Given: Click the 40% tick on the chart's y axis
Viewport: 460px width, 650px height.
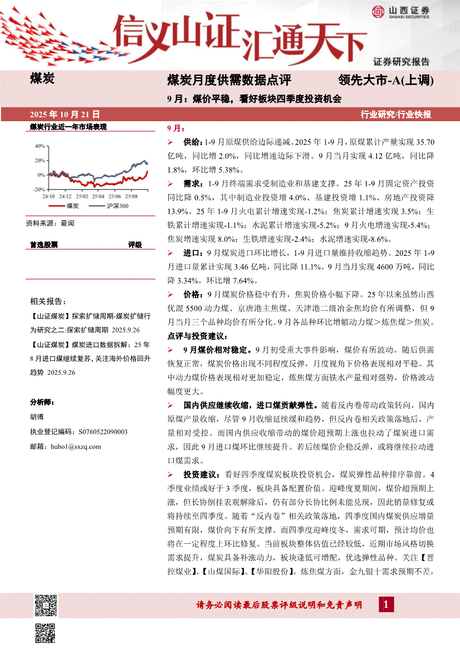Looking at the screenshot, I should click(x=40, y=146).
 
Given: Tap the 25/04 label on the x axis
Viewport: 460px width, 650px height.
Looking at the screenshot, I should click(x=99, y=196).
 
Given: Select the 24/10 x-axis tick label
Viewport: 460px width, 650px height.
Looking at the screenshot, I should click(x=48, y=196).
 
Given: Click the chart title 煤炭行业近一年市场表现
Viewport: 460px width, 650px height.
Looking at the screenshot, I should click(x=68, y=127).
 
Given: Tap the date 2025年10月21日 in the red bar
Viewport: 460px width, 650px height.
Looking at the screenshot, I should click(x=65, y=114).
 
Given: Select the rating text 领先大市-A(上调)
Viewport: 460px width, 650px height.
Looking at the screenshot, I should click(x=385, y=81).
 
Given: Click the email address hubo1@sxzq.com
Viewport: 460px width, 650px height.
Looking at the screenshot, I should click(x=75, y=446).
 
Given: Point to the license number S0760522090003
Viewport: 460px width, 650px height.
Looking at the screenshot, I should click(x=95, y=431).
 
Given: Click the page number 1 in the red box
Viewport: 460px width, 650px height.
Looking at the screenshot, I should click(x=385, y=604).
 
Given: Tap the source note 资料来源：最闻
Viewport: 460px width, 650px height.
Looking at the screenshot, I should click(x=50, y=223).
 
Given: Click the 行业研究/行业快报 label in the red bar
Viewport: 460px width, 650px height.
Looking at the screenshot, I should click(x=396, y=115).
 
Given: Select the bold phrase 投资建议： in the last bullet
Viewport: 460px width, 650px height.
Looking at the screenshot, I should click(x=202, y=475).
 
